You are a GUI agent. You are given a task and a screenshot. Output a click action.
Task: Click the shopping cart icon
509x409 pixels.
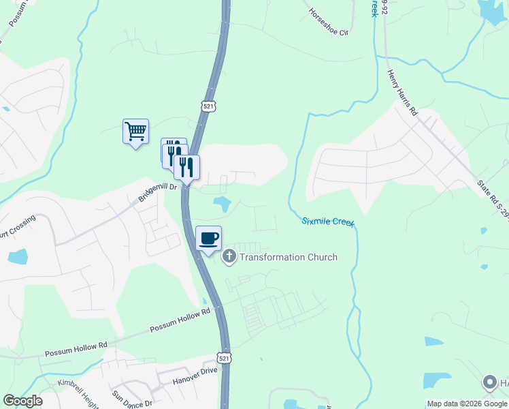point(135,131)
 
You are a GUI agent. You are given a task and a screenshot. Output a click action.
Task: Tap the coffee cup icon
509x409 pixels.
point(208,239)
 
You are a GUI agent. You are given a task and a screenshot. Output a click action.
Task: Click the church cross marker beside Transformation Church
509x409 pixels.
point(229,257)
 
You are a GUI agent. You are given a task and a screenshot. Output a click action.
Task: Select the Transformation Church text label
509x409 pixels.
point(289,257)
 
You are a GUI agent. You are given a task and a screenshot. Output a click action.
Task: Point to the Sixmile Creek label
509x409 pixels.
point(328,222)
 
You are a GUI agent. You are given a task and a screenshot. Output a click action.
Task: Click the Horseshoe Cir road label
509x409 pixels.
point(329,22)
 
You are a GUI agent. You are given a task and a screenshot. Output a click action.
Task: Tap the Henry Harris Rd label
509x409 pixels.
point(401,92)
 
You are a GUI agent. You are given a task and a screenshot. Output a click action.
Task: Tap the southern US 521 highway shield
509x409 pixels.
point(224,358)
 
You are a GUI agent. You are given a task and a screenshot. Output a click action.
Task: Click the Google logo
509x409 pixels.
point(22,401)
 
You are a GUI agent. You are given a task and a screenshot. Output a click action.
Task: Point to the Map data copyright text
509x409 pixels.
point(467,404)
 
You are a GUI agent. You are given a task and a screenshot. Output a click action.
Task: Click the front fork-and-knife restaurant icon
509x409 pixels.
point(186,167)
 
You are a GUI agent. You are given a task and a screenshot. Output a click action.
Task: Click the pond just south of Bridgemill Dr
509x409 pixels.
point(221,202)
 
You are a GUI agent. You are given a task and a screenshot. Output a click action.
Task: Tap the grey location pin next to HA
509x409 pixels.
point(489,383)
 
